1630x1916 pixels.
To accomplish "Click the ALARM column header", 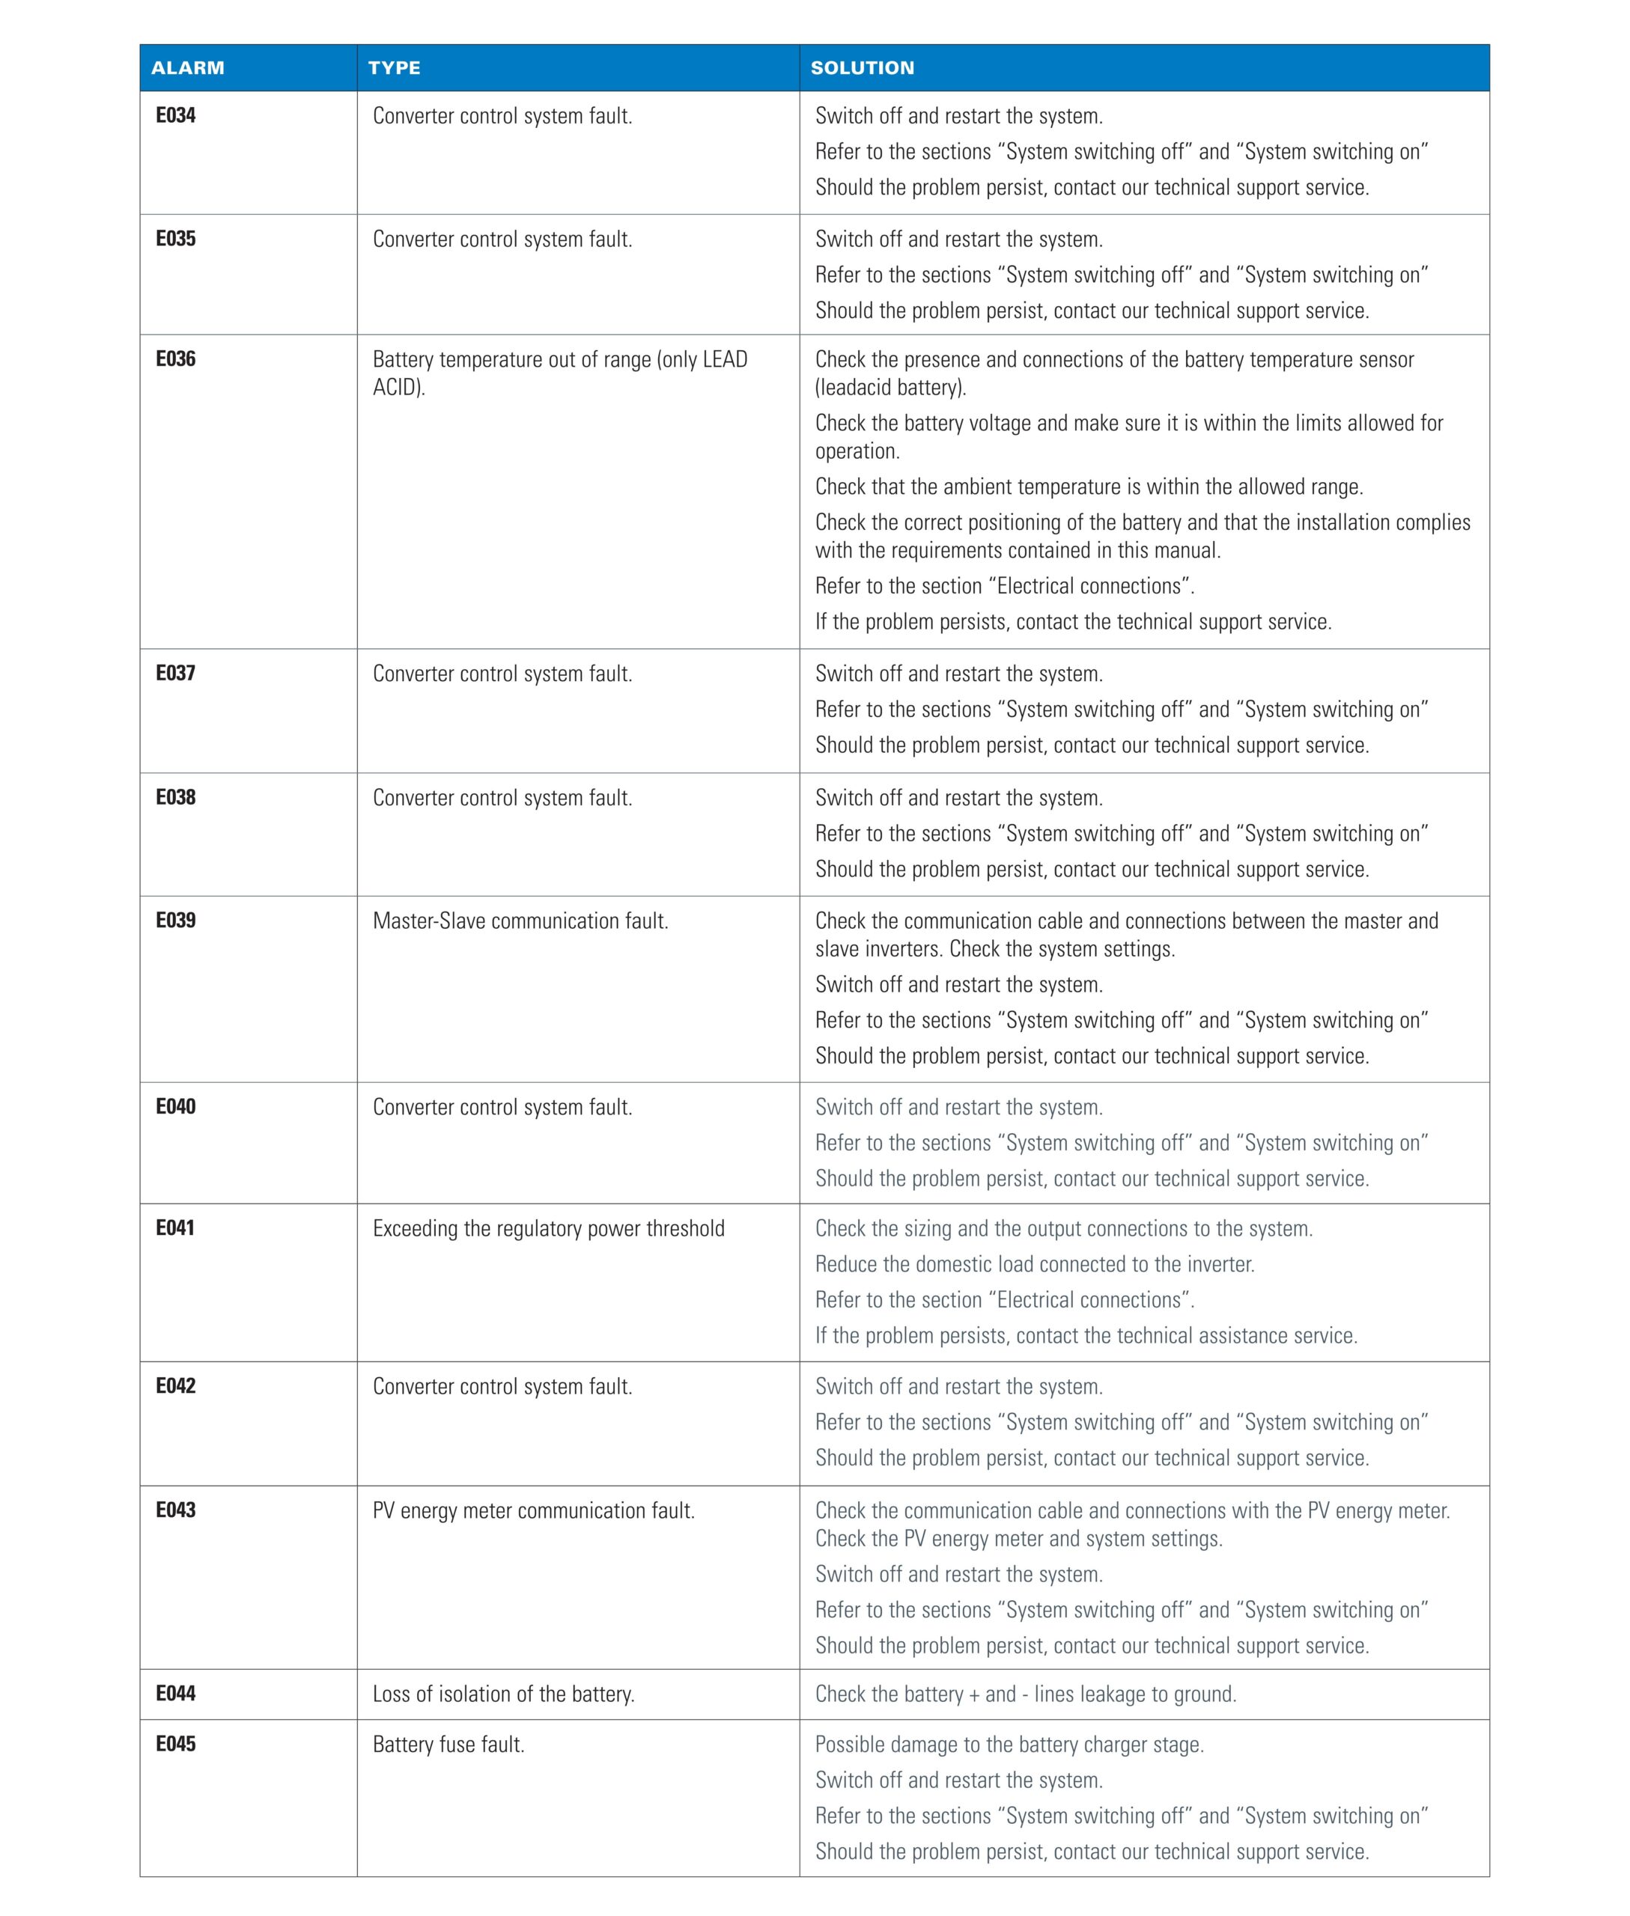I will (x=188, y=67).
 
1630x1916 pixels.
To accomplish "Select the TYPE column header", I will (x=394, y=67).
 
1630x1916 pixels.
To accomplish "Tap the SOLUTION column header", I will (x=862, y=67).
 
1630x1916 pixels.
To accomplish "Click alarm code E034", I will (x=175, y=115).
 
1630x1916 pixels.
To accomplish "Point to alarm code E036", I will (x=175, y=359).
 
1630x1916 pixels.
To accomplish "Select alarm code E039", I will (x=175, y=920).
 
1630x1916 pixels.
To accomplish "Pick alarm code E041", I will (x=174, y=1227).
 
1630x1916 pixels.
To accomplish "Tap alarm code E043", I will (x=175, y=1510).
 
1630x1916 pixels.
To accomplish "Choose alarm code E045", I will (x=175, y=1743).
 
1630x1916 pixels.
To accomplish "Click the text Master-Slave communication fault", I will (x=520, y=921).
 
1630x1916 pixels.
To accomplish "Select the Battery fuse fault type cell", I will (x=448, y=1744).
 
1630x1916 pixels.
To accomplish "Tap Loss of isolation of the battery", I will (x=504, y=1694).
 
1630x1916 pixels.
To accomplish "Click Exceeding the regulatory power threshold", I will (x=548, y=1229).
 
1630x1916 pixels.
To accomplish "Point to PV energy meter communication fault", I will (x=533, y=1510).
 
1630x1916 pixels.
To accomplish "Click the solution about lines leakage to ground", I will (x=1025, y=1694).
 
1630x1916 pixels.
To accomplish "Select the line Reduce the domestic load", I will (x=1034, y=1264).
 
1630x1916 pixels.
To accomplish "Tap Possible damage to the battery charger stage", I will (x=1009, y=1744).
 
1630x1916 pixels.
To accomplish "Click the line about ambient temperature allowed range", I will (x=1089, y=486).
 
